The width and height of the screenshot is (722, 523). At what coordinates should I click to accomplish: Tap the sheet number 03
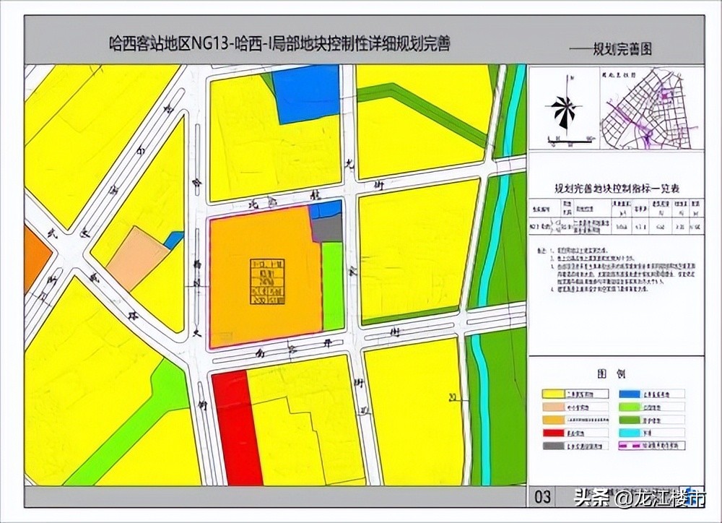pyautogui.click(x=543, y=496)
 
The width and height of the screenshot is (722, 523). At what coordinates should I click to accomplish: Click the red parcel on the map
pyautogui.click(x=236, y=426)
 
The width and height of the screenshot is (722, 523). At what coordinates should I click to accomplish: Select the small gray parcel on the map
pyautogui.click(x=327, y=229)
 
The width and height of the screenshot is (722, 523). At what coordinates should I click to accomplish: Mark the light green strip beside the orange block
pyautogui.click(x=332, y=285)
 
